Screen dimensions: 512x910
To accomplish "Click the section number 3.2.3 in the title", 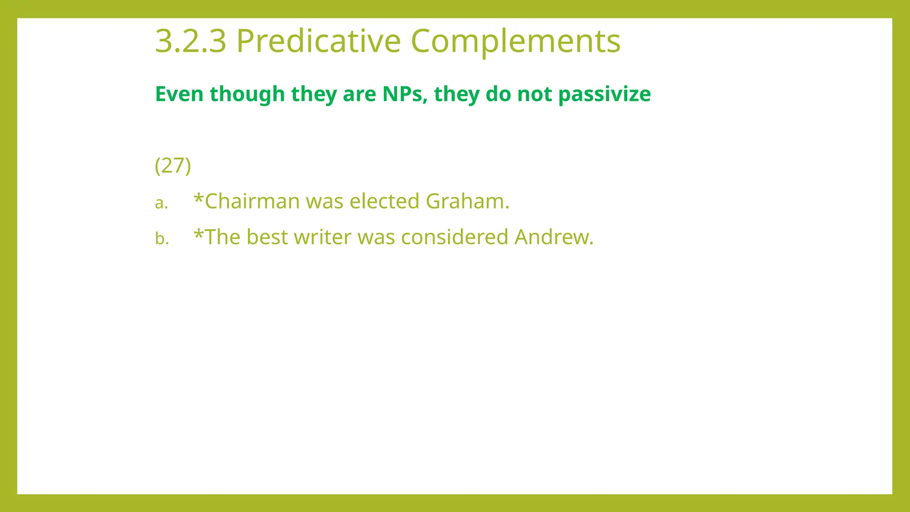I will [x=191, y=41].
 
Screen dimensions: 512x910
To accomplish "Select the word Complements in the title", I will [x=515, y=41].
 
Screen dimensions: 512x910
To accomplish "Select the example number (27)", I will [x=173, y=166].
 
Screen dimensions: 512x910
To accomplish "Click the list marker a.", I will [x=161, y=203].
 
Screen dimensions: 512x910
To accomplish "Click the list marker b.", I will [x=162, y=239].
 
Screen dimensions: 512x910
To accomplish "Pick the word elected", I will [x=384, y=201].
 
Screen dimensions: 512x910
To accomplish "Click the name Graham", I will [x=467, y=201].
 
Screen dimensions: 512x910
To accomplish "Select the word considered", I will [x=455, y=237].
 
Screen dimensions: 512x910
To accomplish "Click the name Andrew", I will [x=553, y=237].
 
